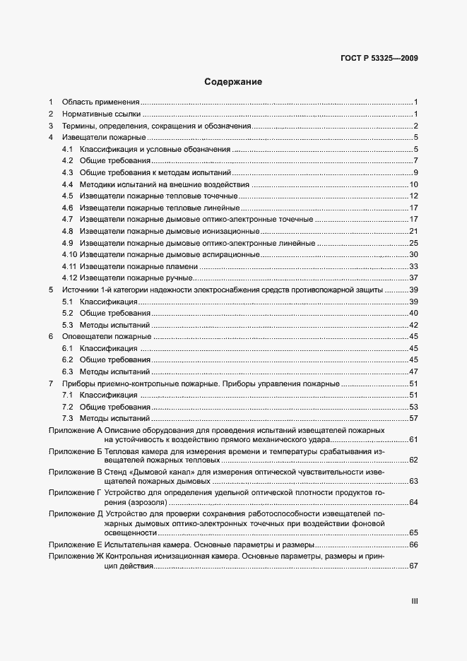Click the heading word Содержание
233,82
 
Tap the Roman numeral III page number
415,601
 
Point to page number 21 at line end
415,231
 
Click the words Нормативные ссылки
101,114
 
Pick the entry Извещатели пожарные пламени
138,266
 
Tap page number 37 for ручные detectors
415,278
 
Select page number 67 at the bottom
415,567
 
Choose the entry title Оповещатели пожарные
106,337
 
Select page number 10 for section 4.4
415,184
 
